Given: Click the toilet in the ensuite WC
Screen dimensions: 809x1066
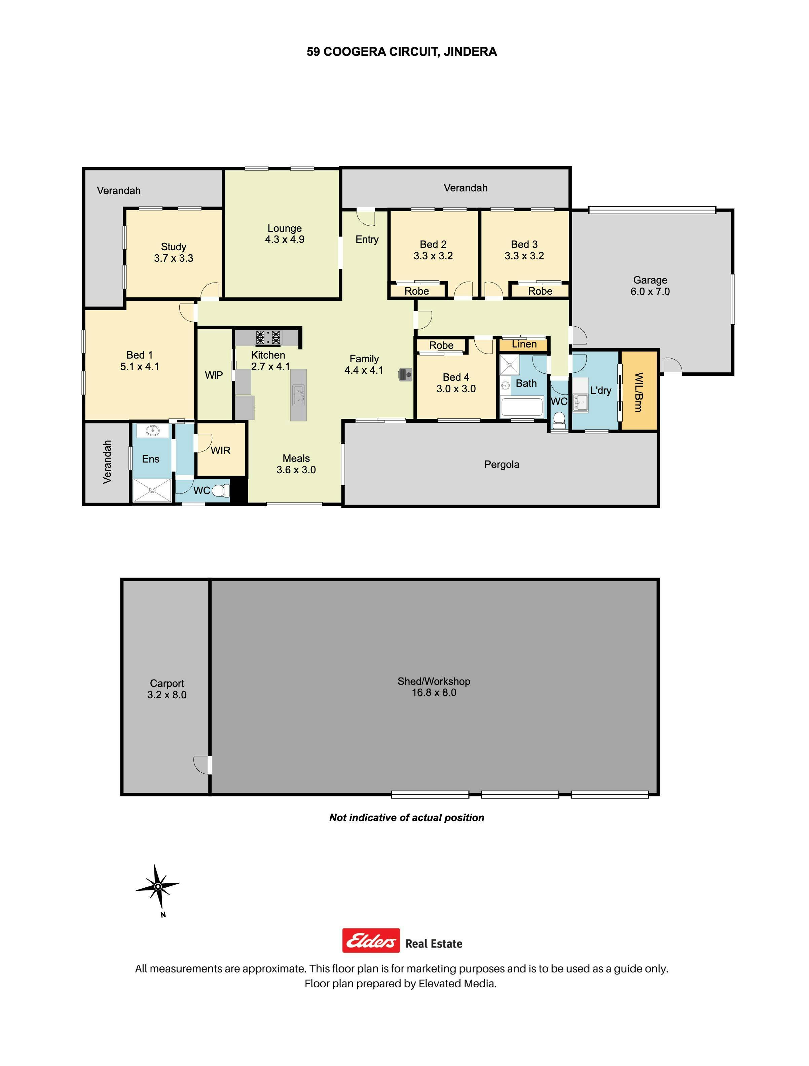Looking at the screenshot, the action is [221, 490].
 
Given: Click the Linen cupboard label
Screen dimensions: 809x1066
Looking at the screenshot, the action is [524, 344].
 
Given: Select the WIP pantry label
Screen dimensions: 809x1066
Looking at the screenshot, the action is [214, 375].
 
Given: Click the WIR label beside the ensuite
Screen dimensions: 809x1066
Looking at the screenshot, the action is [221, 451].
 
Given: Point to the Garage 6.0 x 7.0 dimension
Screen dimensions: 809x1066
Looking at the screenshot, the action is [650, 292].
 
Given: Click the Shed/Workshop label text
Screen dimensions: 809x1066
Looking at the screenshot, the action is [434, 681].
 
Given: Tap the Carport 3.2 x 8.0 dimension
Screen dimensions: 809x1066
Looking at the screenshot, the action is [167, 694].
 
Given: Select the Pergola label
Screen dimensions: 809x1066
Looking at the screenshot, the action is [502, 465].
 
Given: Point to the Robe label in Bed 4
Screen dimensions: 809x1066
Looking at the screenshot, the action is [441, 345].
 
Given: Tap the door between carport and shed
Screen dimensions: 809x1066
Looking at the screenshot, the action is [203, 765].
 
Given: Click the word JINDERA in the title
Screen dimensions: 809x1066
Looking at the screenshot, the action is [470, 52].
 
